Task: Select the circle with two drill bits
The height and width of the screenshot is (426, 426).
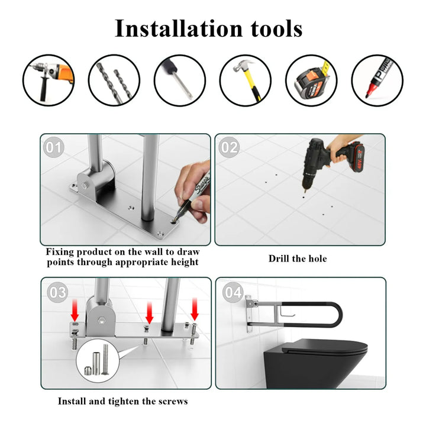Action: coord(114,80)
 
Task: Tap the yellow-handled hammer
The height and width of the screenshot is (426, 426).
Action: coord(246,80)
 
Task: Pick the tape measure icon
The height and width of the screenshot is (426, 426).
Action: coord(311,80)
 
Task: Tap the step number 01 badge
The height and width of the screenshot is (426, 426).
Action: coord(54,147)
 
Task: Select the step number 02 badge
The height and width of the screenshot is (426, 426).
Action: coord(229,147)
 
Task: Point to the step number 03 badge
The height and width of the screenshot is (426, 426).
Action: coord(57,292)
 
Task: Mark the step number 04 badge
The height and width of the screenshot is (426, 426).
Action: coord(233,292)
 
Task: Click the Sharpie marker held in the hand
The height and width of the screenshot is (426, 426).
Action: coord(193,196)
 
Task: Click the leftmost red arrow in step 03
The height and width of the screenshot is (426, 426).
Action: coord(75,309)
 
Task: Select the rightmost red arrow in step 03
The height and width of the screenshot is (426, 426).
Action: coord(195,309)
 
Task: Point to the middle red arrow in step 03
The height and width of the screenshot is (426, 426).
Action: coord(150,312)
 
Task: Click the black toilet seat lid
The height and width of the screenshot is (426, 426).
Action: coord(324,346)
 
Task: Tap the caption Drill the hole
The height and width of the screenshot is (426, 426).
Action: coord(298,259)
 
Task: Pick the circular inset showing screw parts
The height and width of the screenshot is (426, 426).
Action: coord(98,360)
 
